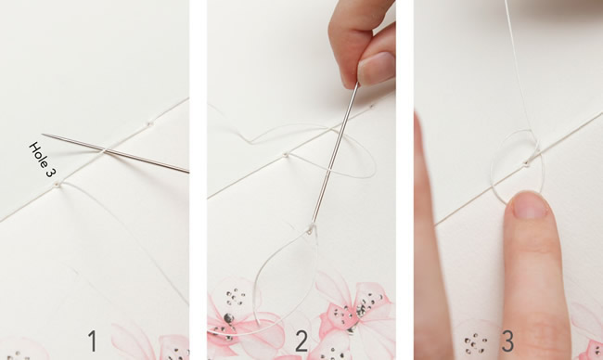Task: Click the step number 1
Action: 93,341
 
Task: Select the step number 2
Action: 301,341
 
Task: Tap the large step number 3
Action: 507,341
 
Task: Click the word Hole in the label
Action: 36,152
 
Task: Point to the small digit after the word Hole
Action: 49,172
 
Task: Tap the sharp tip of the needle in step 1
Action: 43,135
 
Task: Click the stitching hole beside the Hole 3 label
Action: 58,185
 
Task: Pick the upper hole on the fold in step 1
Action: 149,123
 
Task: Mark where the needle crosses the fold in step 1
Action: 104,151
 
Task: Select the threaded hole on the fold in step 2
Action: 286,155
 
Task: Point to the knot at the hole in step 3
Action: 527,163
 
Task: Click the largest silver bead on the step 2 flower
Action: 228,318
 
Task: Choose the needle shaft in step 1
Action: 115,153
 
